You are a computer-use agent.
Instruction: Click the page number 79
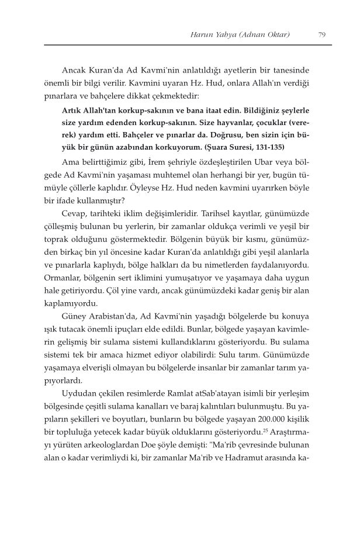tap(322, 34)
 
